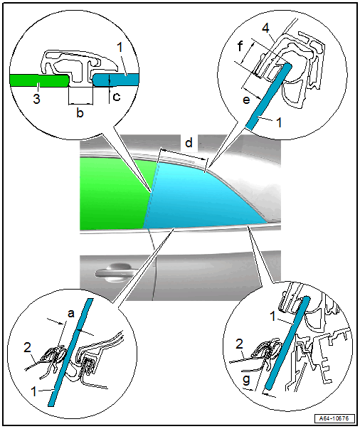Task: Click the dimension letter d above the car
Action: [x=189, y=142]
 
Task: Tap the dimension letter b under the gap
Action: [x=80, y=112]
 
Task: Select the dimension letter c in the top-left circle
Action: [x=117, y=97]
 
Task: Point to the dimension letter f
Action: [x=240, y=46]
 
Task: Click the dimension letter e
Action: [x=246, y=100]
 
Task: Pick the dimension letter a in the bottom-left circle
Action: [x=71, y=314]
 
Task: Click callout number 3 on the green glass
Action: [x=37, y=99]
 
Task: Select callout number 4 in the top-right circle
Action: [x=265, y=28]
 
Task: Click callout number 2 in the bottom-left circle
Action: [x=27, y=348]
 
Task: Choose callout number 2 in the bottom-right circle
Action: [x=239, y=344]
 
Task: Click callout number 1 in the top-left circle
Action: [x=120, y=48]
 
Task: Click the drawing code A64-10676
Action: [x=334, y=418]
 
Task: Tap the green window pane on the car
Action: [x=114, y=194]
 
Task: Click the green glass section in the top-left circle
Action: [x=39, y=80]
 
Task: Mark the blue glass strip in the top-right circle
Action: [x=269, y=95]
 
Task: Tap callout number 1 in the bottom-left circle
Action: [x=34, y=391]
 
